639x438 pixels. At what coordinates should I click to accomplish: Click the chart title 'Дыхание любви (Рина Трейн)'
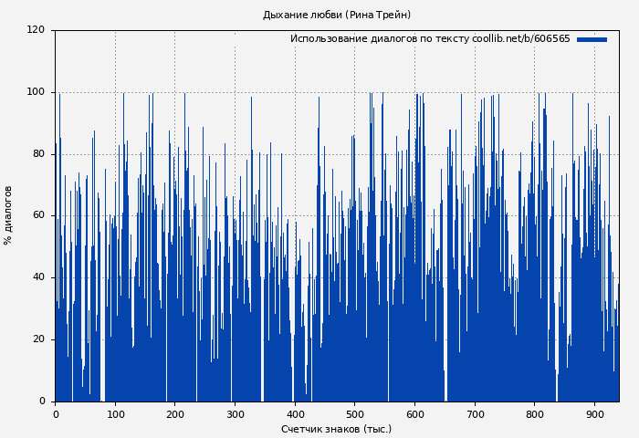pos(337,15)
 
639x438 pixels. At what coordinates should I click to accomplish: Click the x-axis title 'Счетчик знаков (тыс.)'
pos(336,429)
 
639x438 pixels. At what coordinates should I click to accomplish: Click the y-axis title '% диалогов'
pos(8,215)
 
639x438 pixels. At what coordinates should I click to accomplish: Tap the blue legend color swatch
pos(592,39)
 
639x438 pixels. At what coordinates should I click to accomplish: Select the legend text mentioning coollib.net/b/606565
pos(430,39)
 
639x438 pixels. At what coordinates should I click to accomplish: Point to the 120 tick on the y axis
pos(36,30)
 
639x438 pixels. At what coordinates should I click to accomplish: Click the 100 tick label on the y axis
pos(36,92)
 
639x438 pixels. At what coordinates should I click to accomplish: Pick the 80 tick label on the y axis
pos(38,154)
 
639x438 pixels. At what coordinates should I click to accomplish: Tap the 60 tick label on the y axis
pos(38,215)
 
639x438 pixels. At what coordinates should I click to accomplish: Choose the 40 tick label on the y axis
pos(38,277)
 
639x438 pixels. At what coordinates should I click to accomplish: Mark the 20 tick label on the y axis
pos(38,339)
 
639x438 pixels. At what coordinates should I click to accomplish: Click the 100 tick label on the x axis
pos(115,414)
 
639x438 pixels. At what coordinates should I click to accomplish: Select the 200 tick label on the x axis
pos(175,414)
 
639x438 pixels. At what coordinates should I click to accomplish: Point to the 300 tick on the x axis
pos(235,414)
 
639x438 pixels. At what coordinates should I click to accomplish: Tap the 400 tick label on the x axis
pos(295,414)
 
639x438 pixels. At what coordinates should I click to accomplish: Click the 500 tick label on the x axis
pos(355,414)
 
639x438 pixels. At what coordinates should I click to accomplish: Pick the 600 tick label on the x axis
pos(414,414)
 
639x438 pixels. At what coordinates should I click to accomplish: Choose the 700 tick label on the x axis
pos(475,414)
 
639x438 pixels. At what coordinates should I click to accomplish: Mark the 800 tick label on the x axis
pos(535,414)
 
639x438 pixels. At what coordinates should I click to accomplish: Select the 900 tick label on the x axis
pos(594,414)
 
